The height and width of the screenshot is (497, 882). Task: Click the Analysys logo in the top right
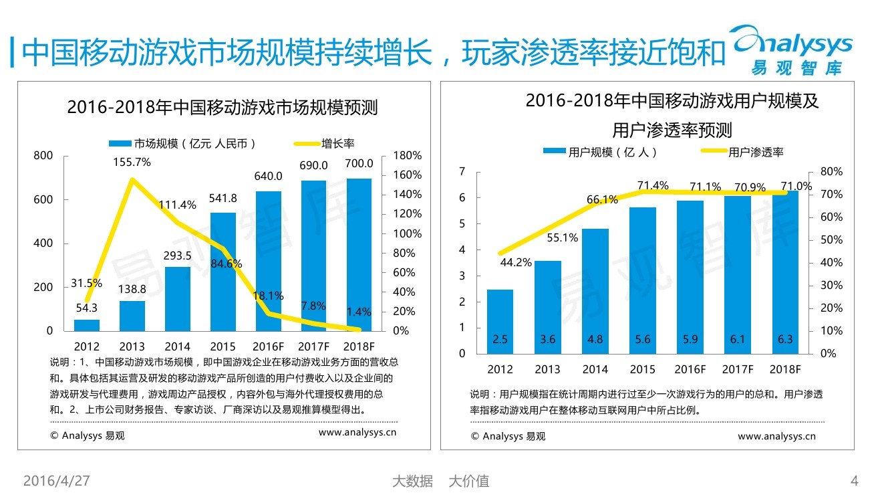point(792,49)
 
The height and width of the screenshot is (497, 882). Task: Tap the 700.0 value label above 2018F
point(359,164)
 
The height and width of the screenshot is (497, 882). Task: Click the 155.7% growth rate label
point(132,162)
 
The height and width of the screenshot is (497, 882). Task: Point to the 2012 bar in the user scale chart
point(500,321)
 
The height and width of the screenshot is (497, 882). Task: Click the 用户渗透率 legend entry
point(742,152)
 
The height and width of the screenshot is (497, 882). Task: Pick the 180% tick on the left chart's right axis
point(407,155)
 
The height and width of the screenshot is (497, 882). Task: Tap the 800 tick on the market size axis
point(43,156)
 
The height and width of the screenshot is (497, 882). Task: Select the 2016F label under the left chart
point(269,346)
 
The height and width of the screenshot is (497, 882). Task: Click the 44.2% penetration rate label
point(515,263)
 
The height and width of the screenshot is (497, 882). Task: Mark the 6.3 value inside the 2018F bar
point(785,339)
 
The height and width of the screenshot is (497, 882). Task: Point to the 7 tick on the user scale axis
point(462,172)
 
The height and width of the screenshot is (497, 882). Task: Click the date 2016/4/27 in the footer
point(57,481)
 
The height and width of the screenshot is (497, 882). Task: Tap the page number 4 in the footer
point(854,481)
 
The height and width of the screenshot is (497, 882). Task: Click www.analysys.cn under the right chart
point(776,436)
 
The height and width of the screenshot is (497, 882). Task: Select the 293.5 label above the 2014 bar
point(177,256)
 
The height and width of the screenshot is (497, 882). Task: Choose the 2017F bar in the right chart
point(738,274)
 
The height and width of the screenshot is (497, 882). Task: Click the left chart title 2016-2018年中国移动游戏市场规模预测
point(222,108)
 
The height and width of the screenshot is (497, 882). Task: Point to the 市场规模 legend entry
point(184,143)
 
